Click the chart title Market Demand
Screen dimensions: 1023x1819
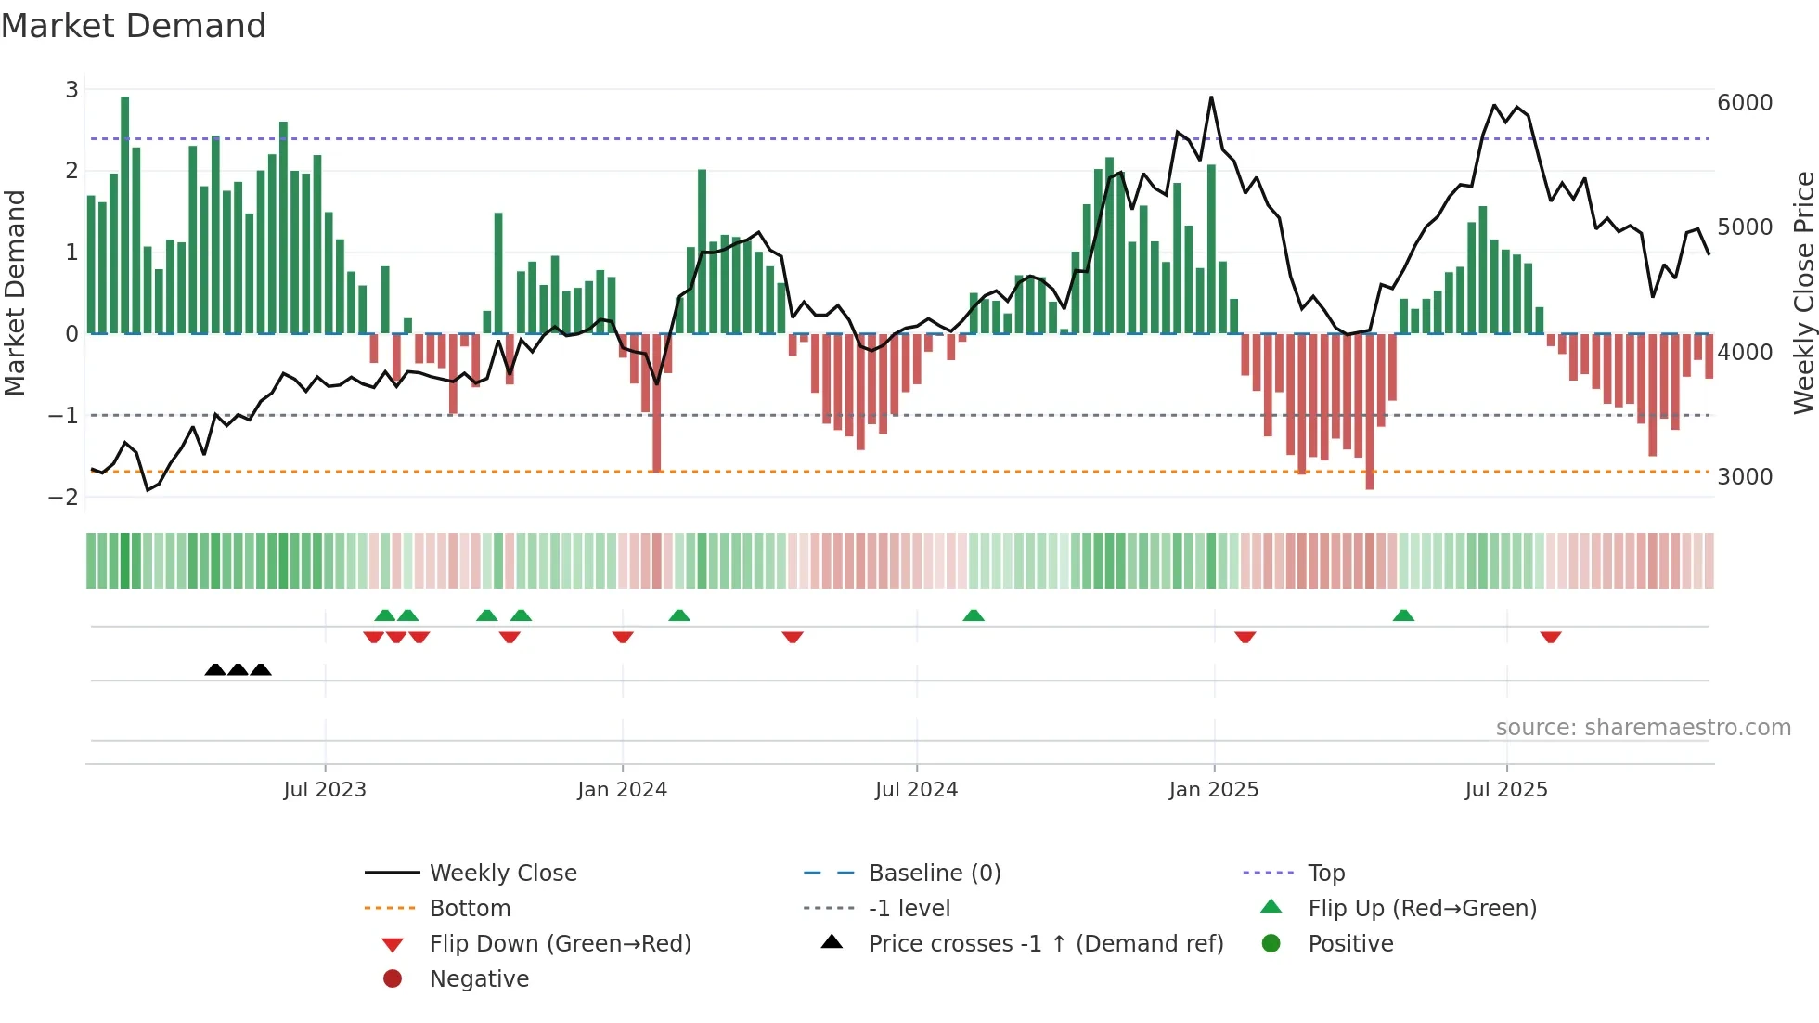click(x=134, y=26)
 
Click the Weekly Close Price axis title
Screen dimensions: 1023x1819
click(x=1803, y=292)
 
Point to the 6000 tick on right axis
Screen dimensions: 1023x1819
click(x=1744, y=103)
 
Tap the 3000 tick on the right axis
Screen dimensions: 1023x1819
click(x=1744, y=477)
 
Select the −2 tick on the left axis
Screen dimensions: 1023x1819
click(x=63, y=497)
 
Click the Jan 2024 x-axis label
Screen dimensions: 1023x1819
click(x=622, y=790)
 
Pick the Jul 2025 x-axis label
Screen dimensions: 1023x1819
click(x=1505, y=790)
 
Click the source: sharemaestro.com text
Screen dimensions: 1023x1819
click(x=1643, y=728)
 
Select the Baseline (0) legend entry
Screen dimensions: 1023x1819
click(x=934, y=874)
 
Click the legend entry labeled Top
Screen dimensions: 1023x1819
click(x=1325, y=874)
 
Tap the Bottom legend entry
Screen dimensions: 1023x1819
click(x=470, y=909)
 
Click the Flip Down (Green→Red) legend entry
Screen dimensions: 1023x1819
click(x=560, y=944)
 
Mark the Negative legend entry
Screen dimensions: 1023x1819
click(x=479, y=979)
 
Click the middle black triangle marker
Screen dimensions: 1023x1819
click(x=238, y=669)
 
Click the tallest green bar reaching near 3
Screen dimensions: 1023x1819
click(x=125, y=214)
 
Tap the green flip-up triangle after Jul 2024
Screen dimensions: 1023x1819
click(x=973, y=615)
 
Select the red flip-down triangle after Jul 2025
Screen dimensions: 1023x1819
click(x=1550, y=637)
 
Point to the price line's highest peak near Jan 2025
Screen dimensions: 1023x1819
click(x=1211, y=97)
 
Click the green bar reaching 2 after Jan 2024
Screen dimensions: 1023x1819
click(x=702, y=251)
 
